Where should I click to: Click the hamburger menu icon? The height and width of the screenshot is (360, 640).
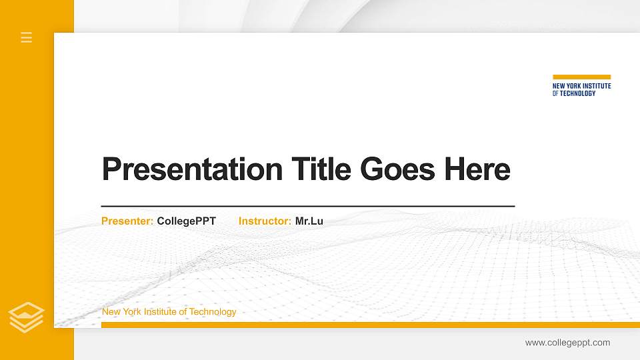(27, 37)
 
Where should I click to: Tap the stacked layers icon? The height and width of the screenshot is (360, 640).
(27, 317)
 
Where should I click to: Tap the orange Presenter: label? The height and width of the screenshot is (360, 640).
(127, 221)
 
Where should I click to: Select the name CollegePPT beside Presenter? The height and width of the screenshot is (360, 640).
(187, 221)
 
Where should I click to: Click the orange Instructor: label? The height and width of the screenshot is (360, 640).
(265, 221)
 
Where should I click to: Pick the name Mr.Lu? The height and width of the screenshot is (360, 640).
(309, 221)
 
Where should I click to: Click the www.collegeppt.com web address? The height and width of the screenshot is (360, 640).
(567, 343)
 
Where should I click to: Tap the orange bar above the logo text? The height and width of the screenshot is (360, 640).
(581, 77)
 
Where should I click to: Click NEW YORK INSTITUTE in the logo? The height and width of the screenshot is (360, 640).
(581, 86)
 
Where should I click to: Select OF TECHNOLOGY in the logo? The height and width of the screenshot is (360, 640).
(574, 93)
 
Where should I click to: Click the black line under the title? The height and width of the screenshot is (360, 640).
(307, 207)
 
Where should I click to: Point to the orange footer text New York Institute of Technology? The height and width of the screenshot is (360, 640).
(169, 312)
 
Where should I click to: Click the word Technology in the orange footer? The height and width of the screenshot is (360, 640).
(213, 312)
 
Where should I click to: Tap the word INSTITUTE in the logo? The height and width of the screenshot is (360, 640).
(597, 86)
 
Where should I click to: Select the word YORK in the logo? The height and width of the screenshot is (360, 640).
(573, 86)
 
